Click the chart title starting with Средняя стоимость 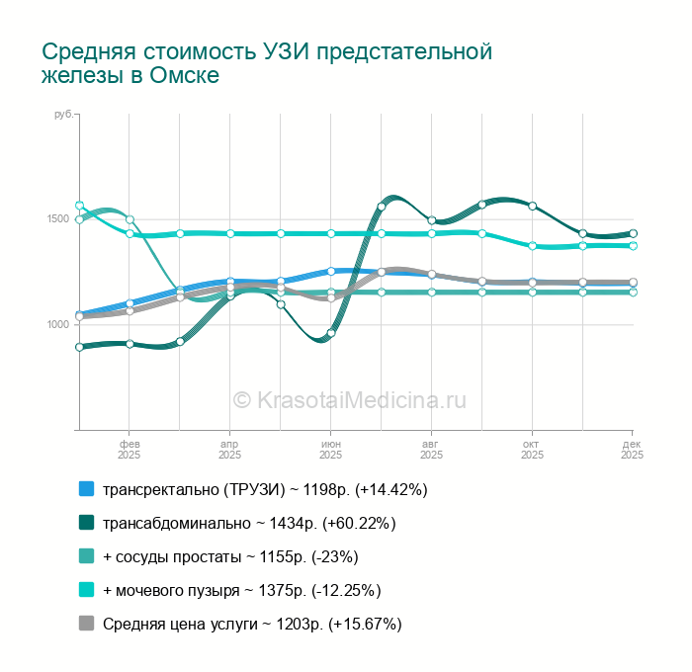(x=266, y=63)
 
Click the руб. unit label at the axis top (x=62, y=116)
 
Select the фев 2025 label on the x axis (x=130, y=450)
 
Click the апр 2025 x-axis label (x=229, y=450)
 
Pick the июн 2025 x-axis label (x=331, y=450)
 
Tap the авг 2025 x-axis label (x=431, y=450)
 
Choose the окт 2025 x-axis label (x=532, y=450)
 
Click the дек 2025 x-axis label (x=632, y=450)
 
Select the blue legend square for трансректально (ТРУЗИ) (x=86, y=489)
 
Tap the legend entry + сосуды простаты (x=229, y=556)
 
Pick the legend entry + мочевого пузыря (x=241, y=590)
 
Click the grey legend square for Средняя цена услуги (x=86, y=624)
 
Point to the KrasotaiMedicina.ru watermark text (x=349, y=399)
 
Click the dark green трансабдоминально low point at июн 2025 (x=331, y=333)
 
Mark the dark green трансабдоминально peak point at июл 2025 (x=382, y=207)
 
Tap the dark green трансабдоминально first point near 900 (x=79, y=347)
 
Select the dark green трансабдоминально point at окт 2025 (x=532, y=206)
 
